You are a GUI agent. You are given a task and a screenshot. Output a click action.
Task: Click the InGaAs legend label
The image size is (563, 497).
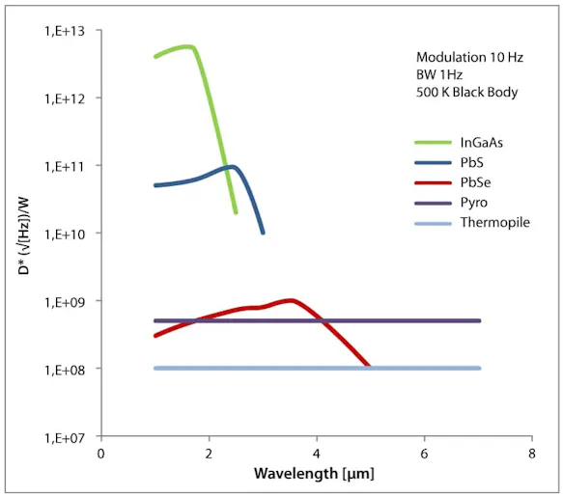tap(481, 142)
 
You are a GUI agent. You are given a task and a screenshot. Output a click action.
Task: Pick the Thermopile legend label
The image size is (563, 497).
tap(494, 223)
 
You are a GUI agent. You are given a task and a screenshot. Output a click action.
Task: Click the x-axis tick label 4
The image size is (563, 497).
tap(317, 453)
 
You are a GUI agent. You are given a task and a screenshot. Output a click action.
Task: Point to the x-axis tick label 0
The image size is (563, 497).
tap(101, 453)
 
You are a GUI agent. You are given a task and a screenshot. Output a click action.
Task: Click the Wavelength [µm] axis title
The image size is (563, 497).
tap(314, 474)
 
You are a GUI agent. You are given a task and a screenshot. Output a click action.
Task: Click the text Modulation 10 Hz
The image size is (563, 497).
tap(469, 58)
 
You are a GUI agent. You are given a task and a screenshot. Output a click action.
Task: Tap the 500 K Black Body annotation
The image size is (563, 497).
tap(467, 93)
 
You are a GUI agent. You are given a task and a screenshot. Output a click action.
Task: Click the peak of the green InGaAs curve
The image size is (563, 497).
tap(186, 46)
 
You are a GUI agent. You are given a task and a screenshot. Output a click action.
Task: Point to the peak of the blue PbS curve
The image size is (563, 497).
tap(232, 166)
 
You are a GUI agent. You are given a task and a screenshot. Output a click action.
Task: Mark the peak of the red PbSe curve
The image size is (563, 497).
tap(291, 300)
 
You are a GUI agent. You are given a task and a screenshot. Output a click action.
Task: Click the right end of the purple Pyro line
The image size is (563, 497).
tap(479, 321)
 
